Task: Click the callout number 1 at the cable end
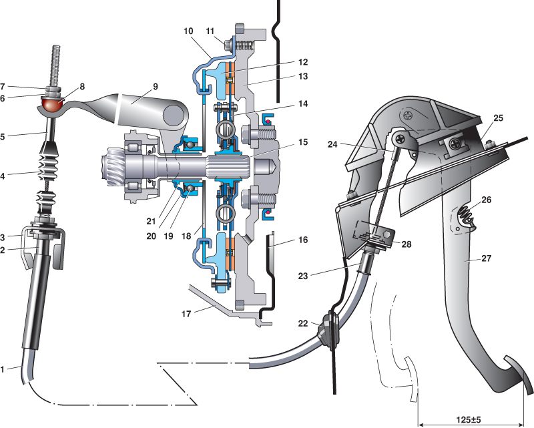pyautogui.click(x=5, y=367)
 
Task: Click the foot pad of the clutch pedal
pyautogui.click(x=517, y=377)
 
